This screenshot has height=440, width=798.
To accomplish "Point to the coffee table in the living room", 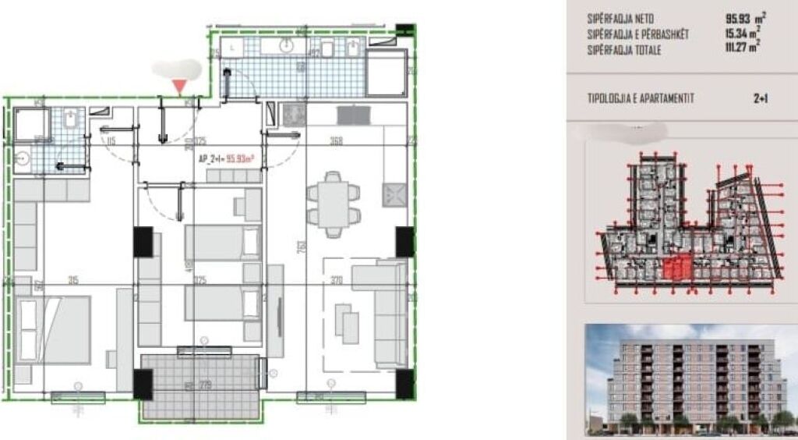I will (347, 319).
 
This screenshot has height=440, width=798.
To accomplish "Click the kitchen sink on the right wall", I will (393, 193).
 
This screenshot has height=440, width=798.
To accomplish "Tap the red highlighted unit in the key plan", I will (677, 270).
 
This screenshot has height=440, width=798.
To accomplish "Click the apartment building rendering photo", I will (689, 380).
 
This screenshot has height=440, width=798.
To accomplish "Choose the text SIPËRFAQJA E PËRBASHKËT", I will (638, 35).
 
